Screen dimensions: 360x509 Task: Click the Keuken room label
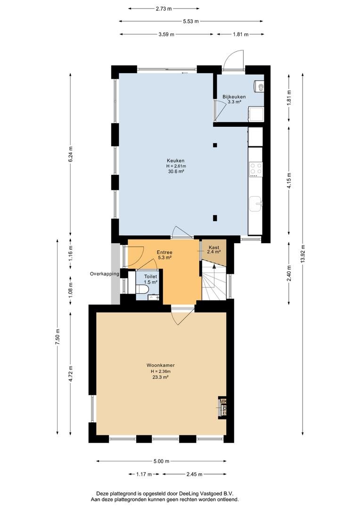click(176, 161)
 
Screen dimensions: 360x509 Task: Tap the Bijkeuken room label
click(234, 97)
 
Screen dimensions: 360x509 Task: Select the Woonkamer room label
click(160, 365)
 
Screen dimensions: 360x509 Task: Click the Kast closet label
click(214, 247)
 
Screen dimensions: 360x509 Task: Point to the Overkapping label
click(105, 274)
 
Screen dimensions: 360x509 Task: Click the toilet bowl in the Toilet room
click(143, 289)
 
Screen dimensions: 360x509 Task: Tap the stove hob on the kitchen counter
click(255, 169)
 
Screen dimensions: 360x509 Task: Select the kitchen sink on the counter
click(256, 204)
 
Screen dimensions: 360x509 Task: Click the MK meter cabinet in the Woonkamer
click(223, 406)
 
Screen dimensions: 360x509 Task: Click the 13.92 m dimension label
click(303, 254)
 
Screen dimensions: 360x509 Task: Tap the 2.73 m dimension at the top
click(164, 9)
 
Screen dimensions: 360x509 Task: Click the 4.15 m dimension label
click(289, 181)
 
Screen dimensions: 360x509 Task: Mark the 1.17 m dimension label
click(144, 474)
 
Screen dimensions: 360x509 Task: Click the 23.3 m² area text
click(161, 377)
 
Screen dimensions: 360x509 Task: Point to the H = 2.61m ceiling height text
click(176, 166)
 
